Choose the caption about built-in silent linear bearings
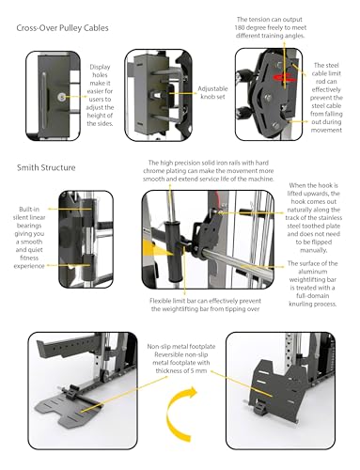click(27, 237)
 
